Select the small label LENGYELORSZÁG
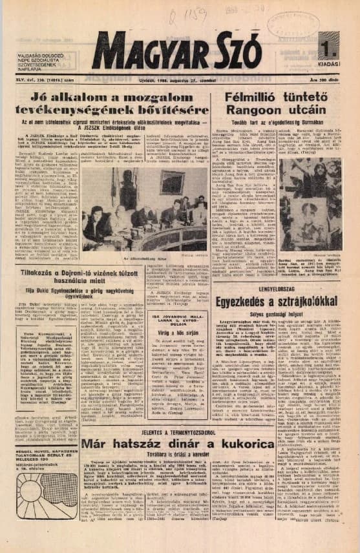tap(320, 280)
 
